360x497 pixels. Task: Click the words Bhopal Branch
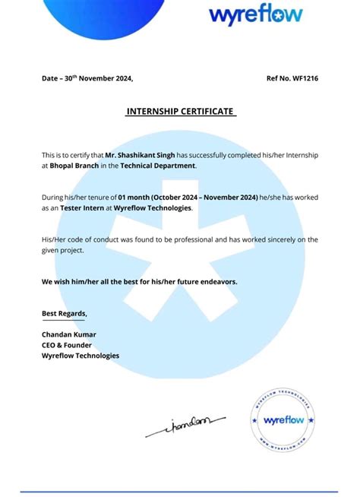coord(74,165)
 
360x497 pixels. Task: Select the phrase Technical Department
coord(163,165)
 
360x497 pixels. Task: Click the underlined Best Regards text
coord(64,313)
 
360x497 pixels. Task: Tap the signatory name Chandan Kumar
coord(68,334)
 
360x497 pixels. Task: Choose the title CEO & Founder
coord(66,345)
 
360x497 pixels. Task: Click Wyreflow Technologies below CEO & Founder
coord(80,356)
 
